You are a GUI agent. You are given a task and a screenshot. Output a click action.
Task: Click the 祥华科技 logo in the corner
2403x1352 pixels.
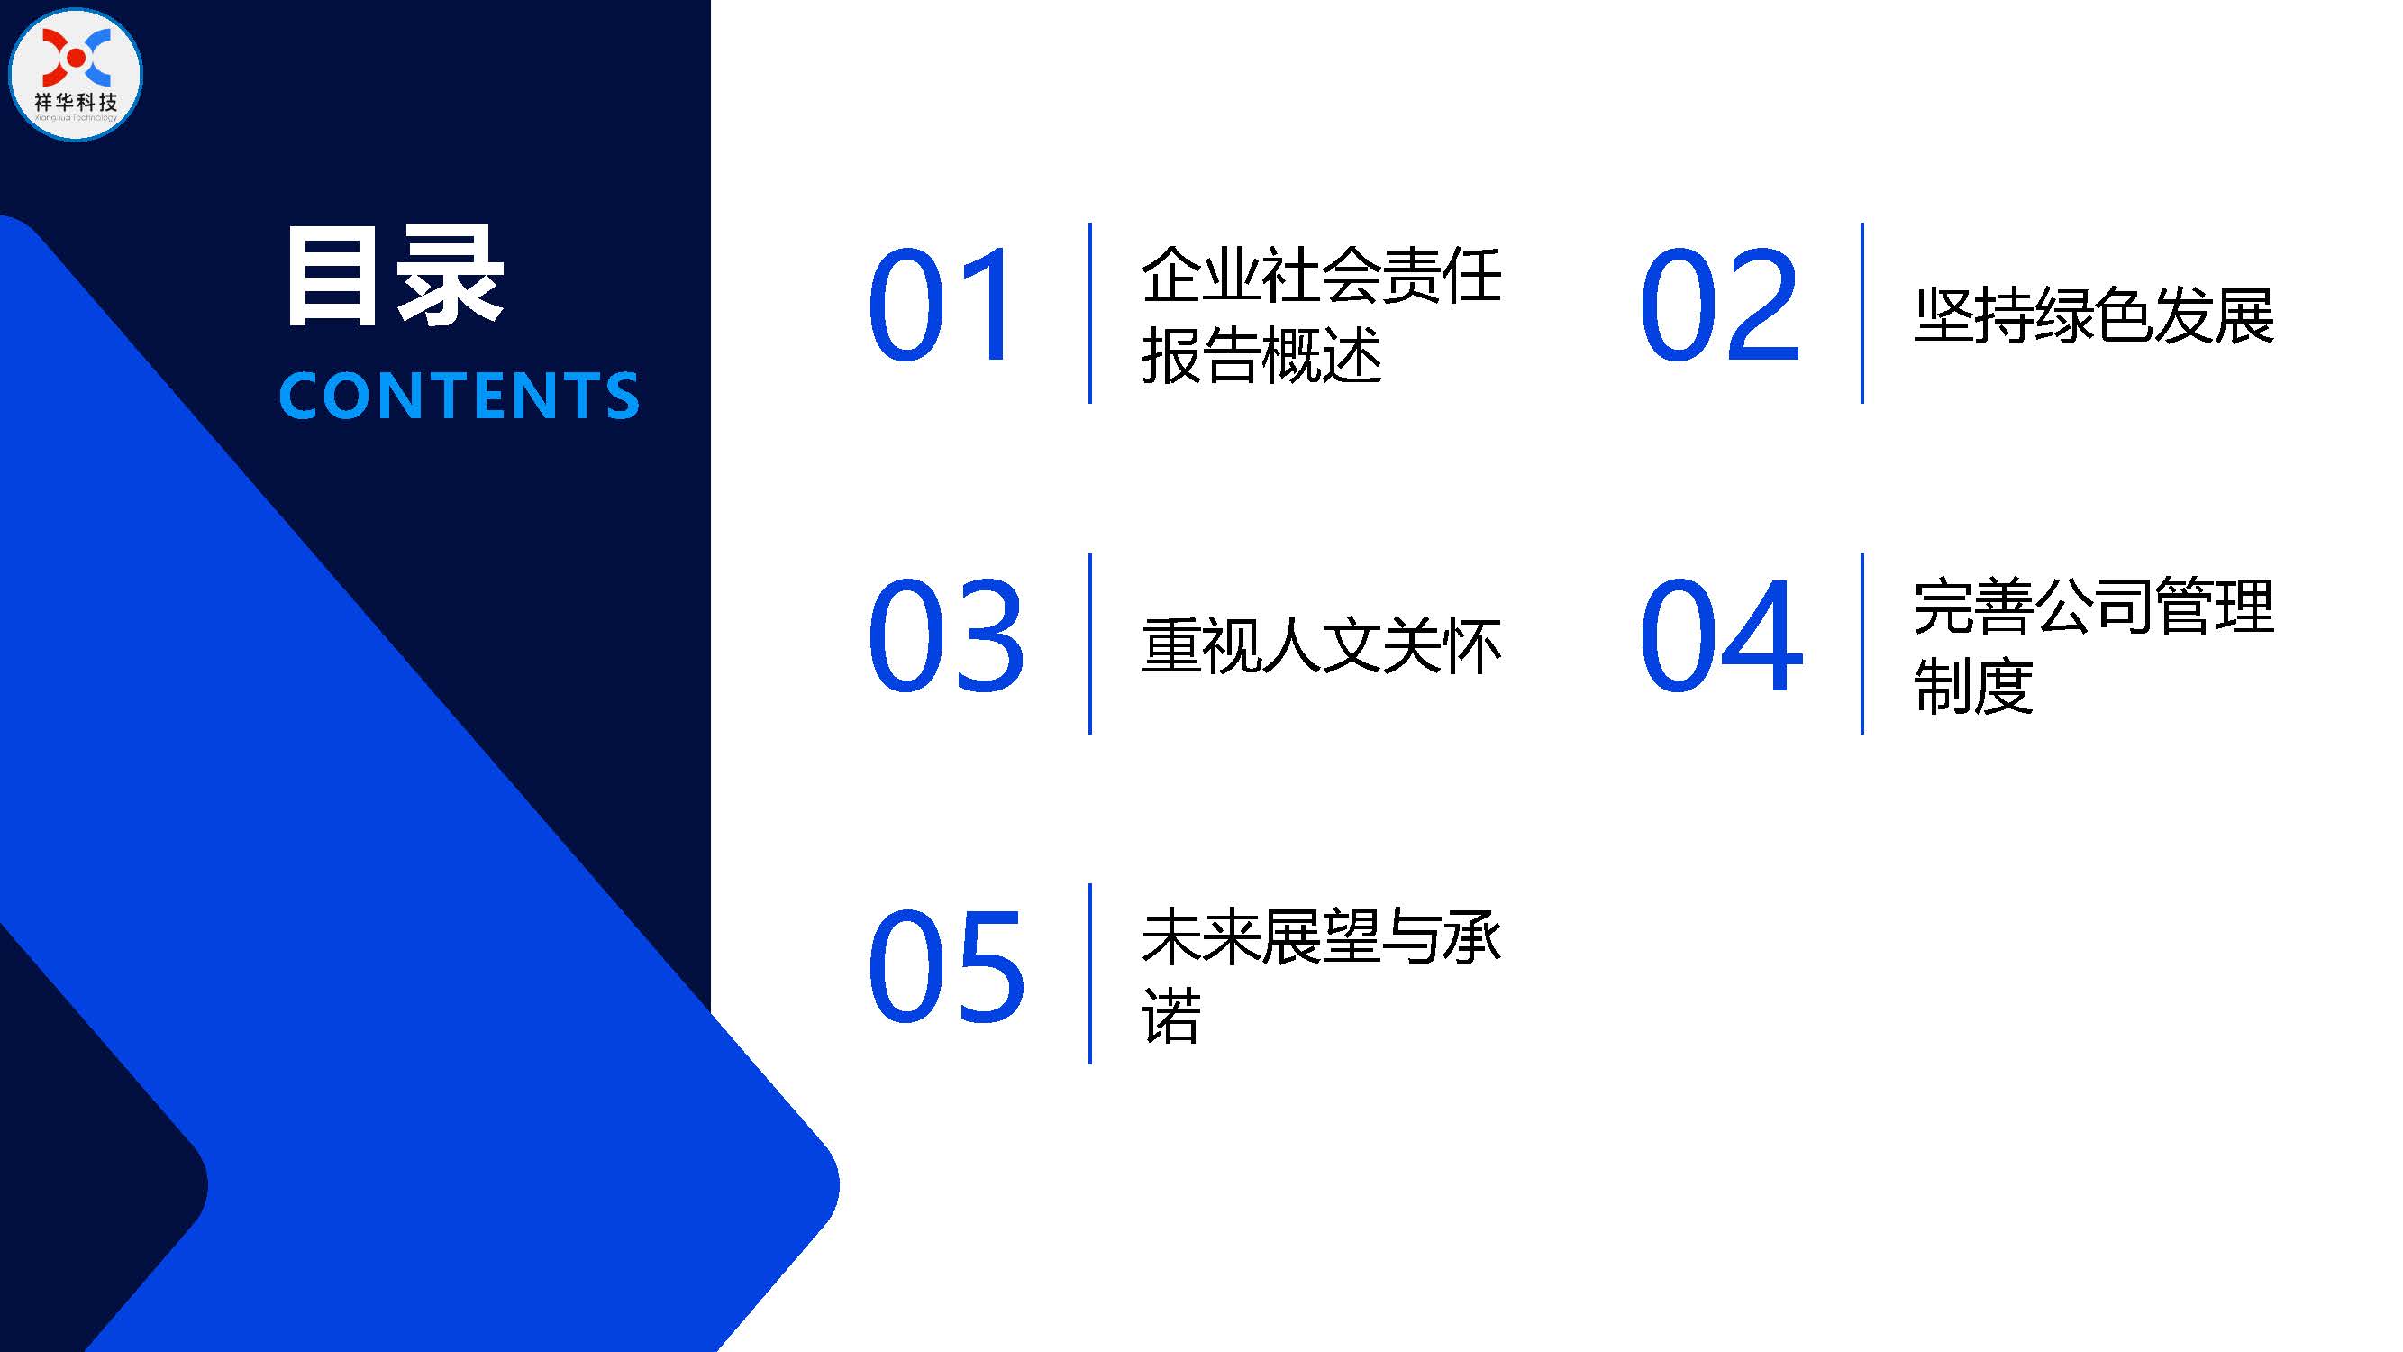point(75,75)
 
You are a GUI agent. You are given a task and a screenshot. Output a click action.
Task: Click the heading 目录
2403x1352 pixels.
point(395,276)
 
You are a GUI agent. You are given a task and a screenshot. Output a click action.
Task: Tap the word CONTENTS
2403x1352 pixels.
point(459,396)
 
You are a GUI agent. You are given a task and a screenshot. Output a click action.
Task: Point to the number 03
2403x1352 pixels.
point(946,635)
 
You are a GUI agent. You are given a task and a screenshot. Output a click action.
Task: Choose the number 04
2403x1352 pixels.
point(1721,635)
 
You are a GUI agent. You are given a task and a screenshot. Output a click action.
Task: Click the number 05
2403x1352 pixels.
point(946,965)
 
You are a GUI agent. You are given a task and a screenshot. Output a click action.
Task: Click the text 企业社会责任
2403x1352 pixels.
point(1321,275)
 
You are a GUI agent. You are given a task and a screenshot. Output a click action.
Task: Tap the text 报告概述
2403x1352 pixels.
point(1261,355)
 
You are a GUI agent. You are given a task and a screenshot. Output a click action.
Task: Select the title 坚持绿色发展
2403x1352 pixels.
point(2094,315)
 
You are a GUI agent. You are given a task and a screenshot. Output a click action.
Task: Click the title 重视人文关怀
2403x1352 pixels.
point(1321,645)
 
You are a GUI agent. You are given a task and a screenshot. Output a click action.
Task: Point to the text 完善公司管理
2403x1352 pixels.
point(2094,607)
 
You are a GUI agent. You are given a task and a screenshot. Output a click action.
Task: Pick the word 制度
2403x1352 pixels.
point(1974,686)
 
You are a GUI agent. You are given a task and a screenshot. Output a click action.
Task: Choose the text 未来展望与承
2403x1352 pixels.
point(1321,936)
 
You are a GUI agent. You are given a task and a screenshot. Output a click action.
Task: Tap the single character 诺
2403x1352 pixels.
point(1171,1015)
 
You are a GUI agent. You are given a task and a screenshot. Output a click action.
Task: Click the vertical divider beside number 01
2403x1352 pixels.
point(1089,314)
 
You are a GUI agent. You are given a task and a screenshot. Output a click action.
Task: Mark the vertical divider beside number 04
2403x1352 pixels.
point(1862,644)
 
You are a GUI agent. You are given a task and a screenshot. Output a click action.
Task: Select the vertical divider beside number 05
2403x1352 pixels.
point(1089,974)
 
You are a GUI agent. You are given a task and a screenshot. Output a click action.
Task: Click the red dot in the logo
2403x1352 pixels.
point(77,58)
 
